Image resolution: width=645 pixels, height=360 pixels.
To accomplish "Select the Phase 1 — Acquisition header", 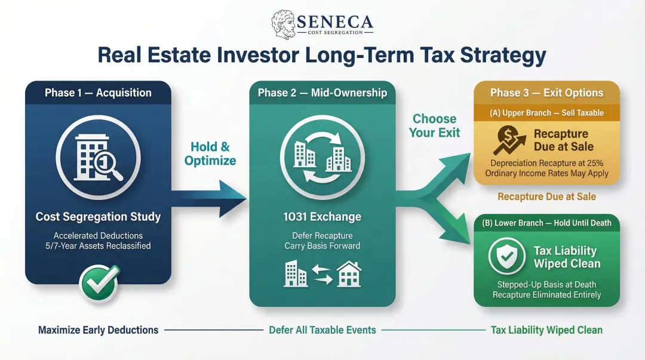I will coord(98,93).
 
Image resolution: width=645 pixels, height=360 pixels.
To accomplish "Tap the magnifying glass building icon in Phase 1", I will coord(98,157).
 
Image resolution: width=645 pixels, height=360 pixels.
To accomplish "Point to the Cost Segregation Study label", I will coord(98,217).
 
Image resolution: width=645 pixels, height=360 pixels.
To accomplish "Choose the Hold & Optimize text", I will coord(210,153).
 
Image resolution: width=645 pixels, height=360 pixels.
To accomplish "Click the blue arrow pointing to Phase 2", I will coord(209,198).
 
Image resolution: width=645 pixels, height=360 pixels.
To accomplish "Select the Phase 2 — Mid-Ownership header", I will coord(322,93).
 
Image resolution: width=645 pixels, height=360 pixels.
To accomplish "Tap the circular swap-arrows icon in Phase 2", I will coord(322,157).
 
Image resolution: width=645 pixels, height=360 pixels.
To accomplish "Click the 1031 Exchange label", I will coord(322,217).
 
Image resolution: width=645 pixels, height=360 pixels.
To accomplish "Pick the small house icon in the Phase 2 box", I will coord(349,275).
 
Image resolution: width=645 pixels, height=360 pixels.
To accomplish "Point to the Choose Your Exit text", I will coord(435,125).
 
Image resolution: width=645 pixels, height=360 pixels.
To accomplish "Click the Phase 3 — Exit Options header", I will coord(546,93).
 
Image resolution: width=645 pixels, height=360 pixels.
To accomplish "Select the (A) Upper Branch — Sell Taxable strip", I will coord(546,113).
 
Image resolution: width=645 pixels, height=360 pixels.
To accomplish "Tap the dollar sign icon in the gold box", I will coord(506,140).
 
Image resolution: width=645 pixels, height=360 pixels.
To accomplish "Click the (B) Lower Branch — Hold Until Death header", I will coord(546,223).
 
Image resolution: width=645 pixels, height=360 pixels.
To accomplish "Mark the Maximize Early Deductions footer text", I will coord(98,330).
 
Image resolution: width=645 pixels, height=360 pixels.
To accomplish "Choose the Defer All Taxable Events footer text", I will coord(322,330).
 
